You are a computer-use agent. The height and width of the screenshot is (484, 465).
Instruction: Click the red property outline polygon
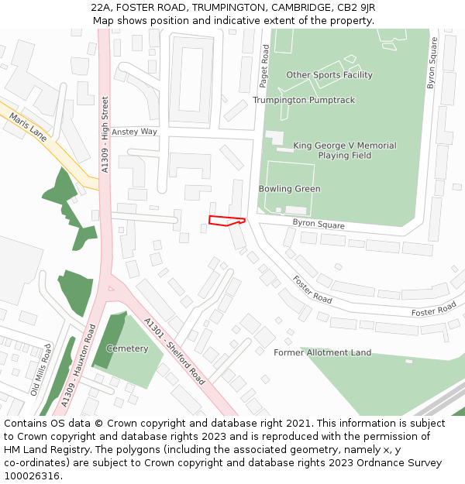click(226, 221)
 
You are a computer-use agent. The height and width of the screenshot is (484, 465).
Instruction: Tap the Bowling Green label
click(289, 189)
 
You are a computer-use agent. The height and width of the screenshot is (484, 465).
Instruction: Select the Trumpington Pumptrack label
click(303, 101)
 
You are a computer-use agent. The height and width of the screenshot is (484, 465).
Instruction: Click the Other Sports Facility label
click(329, 75)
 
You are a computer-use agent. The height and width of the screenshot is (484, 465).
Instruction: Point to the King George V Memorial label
click(344, 146)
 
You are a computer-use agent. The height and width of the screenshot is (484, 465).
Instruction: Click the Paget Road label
click(266, 66)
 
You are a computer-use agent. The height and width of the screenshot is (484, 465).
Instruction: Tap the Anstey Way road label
click(134, 132)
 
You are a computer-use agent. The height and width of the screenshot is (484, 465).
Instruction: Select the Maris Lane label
click(28, 127)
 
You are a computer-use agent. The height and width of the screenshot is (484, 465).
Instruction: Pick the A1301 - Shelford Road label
click(174, 351)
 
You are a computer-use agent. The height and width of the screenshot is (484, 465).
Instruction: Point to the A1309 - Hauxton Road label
click(79, 367)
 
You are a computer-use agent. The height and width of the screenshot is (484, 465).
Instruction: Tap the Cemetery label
click(127, 348)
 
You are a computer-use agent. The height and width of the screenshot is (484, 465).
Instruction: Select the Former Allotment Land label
click(322, 352)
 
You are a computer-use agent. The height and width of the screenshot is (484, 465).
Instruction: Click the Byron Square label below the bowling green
click(318, 225)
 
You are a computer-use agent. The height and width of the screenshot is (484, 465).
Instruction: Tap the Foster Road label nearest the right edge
click(434, 311)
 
